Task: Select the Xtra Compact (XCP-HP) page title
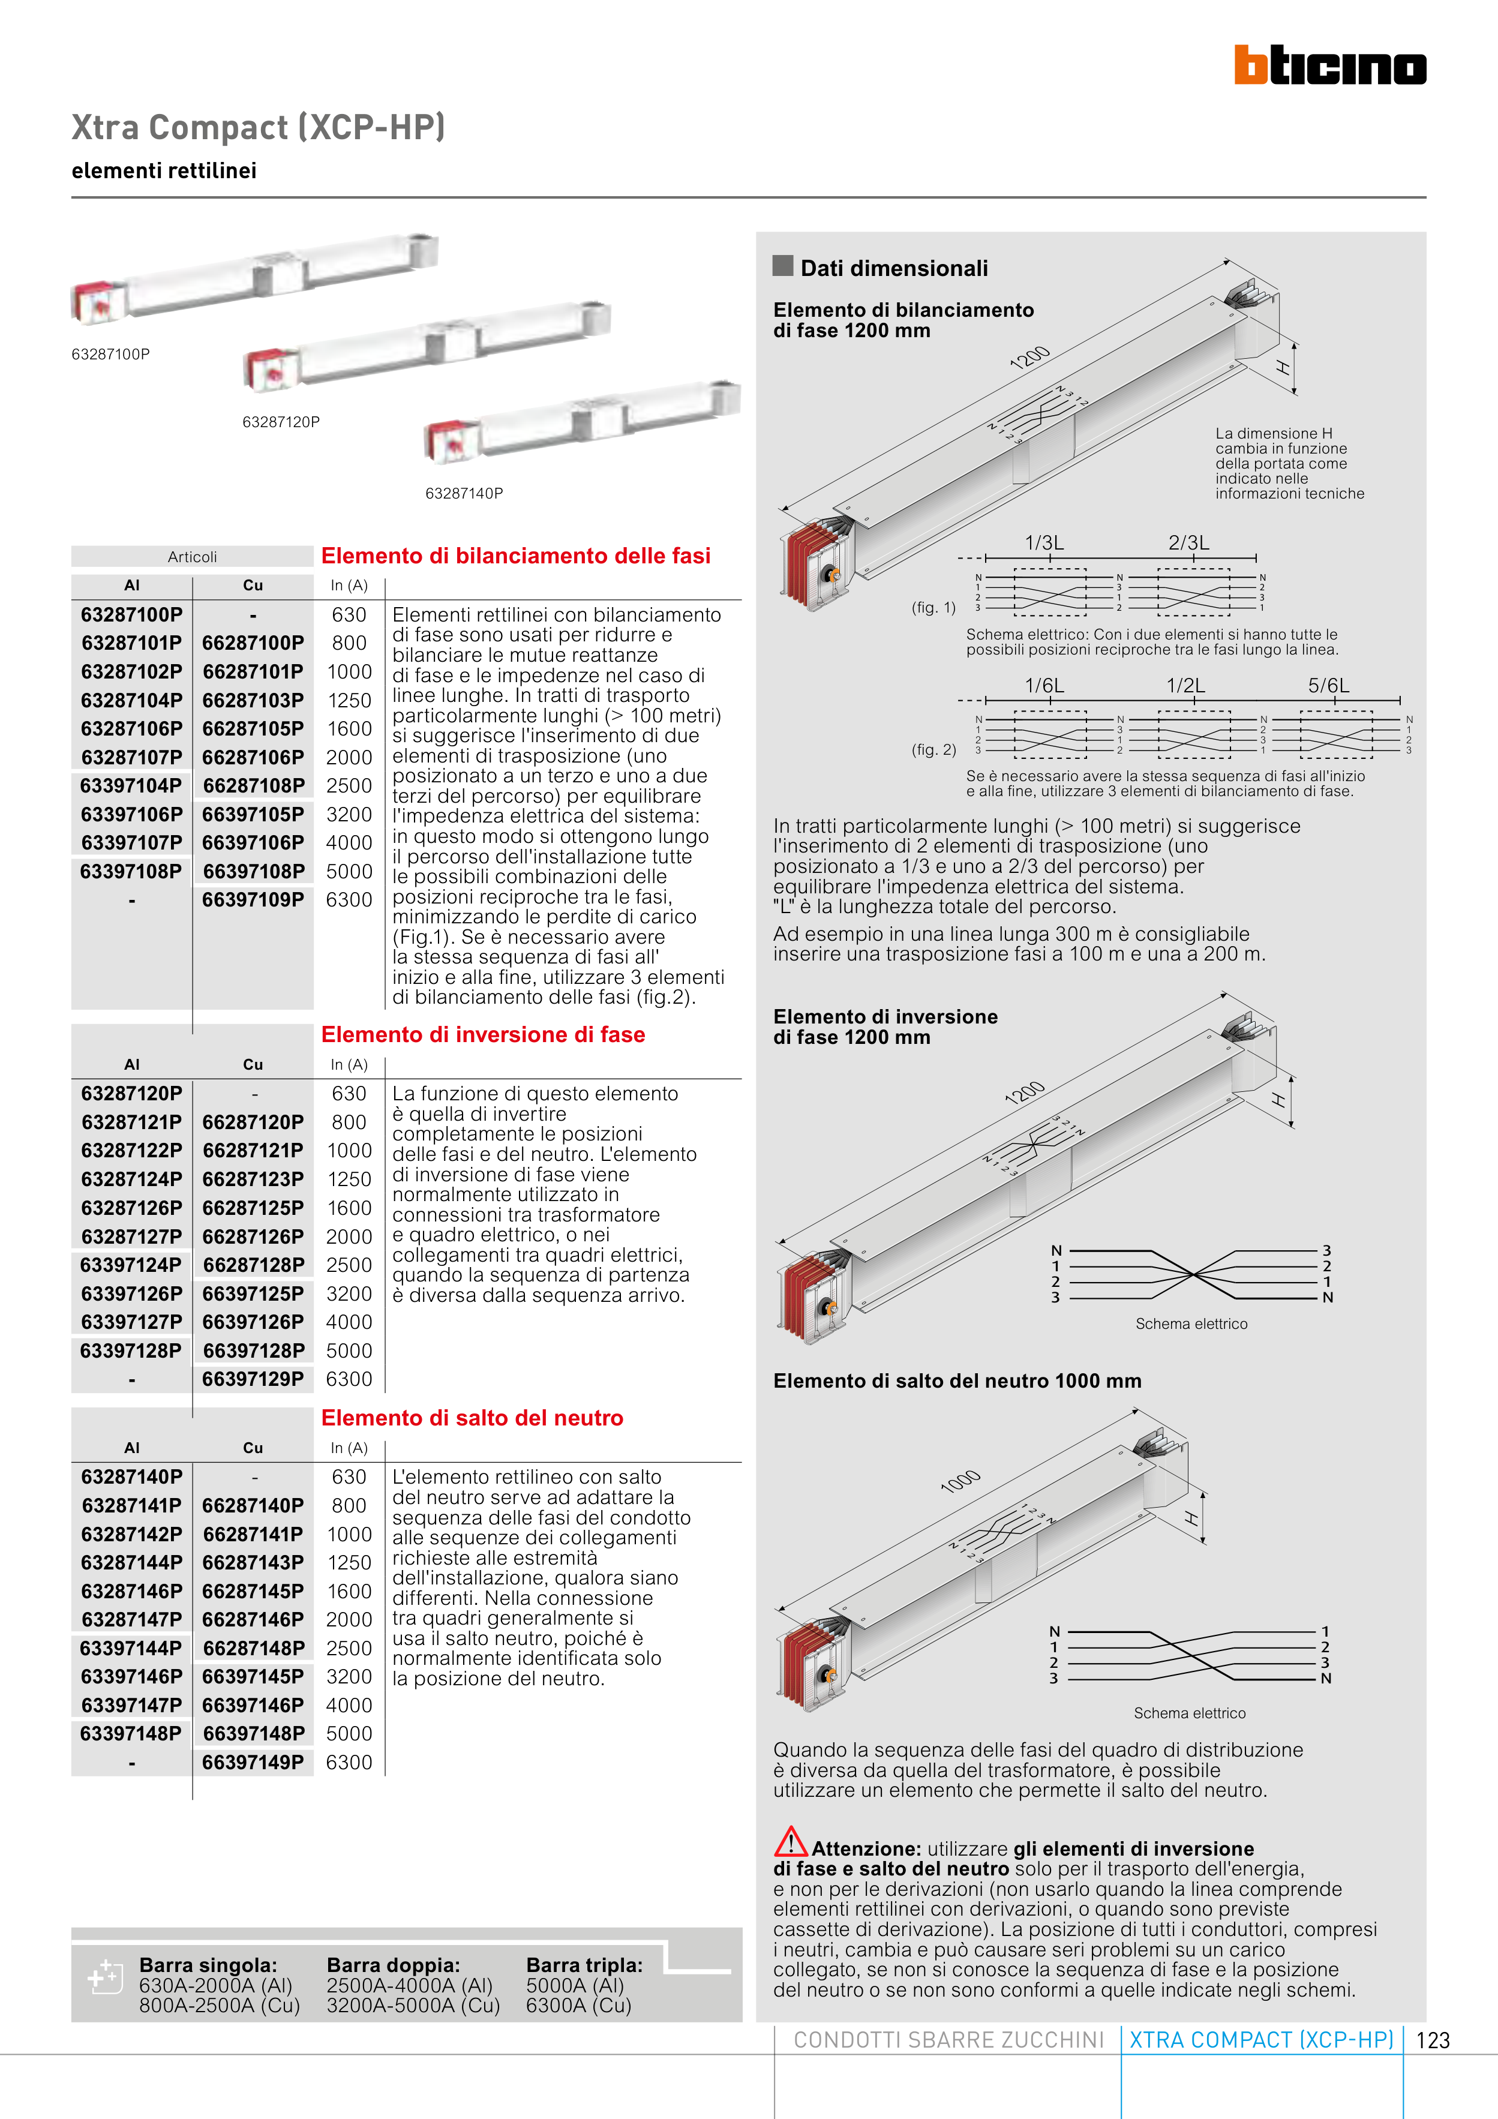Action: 259,127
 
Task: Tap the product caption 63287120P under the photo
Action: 281,422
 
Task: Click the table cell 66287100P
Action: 253,643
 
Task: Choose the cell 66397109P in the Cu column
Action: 253,900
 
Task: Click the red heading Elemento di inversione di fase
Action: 483,1034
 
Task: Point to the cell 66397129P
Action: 253,1379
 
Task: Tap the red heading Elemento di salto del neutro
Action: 472,1418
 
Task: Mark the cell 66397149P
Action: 253,1762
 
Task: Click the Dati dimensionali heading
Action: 893,269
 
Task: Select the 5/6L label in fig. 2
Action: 1328,686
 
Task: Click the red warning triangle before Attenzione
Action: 790,1842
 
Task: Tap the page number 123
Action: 1433,2040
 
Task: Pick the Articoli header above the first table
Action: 192,557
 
